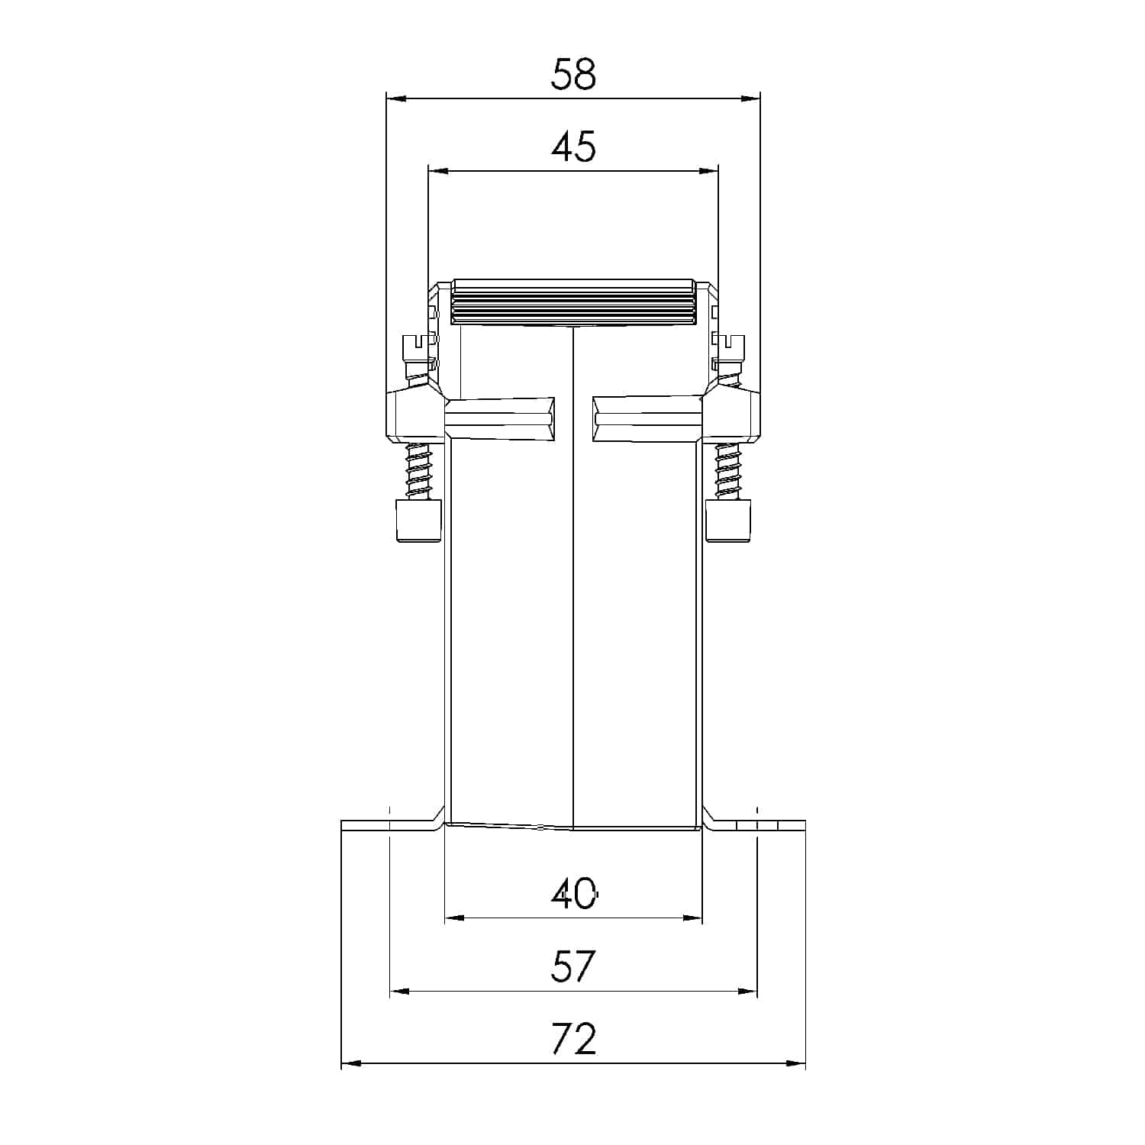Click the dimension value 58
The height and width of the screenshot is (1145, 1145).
[573, 75]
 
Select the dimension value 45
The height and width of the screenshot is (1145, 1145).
[573, 147]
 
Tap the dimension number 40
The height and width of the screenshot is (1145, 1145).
[574, 893]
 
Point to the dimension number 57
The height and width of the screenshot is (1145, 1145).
[573, 966]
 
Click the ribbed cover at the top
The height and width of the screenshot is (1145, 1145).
[573, 302]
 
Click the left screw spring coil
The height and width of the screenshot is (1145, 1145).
[419, 472]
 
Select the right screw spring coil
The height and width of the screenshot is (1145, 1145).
[728, 472]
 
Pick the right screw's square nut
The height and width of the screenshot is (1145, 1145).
[730, 521]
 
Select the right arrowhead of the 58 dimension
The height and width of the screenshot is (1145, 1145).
[753, 98]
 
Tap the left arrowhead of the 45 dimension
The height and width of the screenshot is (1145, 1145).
[436, 172]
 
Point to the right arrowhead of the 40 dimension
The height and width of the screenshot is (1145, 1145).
[695, 918]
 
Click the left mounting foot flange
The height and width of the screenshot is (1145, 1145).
[389, 825]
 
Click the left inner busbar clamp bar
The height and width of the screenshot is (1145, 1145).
[500, 418]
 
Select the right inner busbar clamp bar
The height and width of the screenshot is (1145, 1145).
[647, 418]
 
